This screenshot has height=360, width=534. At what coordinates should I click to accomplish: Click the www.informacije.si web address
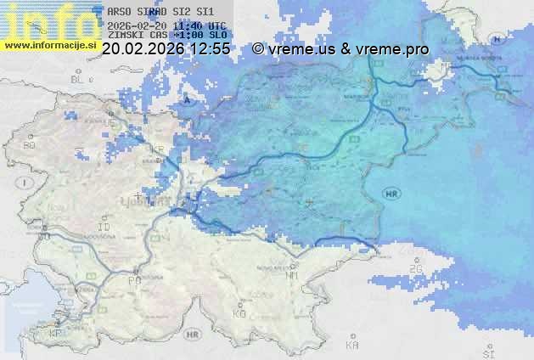(48, 45)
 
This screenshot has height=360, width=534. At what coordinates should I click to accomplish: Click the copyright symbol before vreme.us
(257, 49)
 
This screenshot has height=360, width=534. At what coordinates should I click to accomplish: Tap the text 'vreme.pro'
(398, 49)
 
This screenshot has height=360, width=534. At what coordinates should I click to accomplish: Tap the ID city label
(104, 228)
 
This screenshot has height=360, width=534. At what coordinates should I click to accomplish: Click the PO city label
(134, 280)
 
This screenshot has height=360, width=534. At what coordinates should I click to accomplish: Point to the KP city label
(56, 333)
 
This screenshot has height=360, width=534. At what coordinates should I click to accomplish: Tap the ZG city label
(415, 269)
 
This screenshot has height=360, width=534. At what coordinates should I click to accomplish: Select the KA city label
(352, 346)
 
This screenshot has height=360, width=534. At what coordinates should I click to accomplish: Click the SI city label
(487, 352)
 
